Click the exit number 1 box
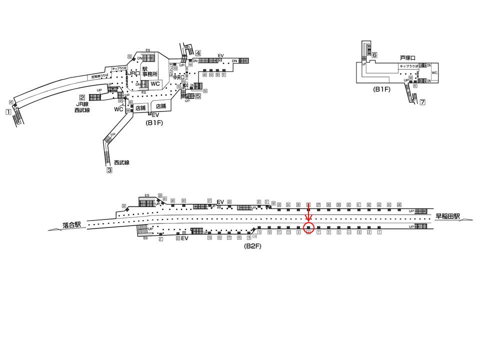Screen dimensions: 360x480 click(x=8, y=112)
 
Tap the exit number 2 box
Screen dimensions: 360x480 click(x=81, y=98)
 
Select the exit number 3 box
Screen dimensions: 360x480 click(x=109, y=170)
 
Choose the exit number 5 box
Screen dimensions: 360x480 click(x=198, y=96)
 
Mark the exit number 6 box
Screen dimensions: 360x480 click(x=374, y=55)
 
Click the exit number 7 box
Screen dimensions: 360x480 click(x=422, y=102)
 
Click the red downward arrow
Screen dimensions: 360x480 click(x=308, y=214)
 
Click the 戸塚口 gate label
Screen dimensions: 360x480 click(x=408, y=58)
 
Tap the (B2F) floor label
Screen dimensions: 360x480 click(x=252, y=246)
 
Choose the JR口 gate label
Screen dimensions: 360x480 click(x=133, y=73)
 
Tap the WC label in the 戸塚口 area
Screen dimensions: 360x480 click(x=434, y=73)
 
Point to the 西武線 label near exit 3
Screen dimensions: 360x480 click(x=121, y=162)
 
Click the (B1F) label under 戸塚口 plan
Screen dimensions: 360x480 click(x=381, y=89)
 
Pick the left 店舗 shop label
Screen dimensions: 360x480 click(x=140, y=107)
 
